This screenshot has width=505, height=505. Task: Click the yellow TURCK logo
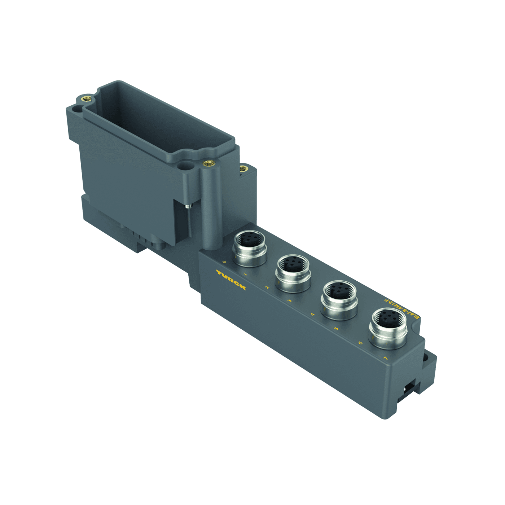click(x=231, y=280)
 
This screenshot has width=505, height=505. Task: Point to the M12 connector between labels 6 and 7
click(x=388, y=327)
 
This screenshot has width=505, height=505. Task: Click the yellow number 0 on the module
click(x=224, y=262)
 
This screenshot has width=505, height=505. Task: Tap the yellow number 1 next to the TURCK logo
click(x=245, y=275)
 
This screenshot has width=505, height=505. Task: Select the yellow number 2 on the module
click(x=267, y=287)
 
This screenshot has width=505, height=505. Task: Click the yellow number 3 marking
click(x=289, y=300)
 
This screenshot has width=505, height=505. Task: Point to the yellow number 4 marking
click(x=312, y=315)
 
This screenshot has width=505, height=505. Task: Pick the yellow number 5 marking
click(x=336, y=329)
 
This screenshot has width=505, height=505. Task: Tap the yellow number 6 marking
click(x=360, y=343)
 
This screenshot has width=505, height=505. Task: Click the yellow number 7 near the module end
click(x=386, y=358)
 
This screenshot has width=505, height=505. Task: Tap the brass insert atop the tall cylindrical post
click(x=207, y=163)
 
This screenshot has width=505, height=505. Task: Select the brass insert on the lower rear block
click(x=243, y=168)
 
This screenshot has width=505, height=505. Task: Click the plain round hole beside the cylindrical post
click(x=186, y=167)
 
